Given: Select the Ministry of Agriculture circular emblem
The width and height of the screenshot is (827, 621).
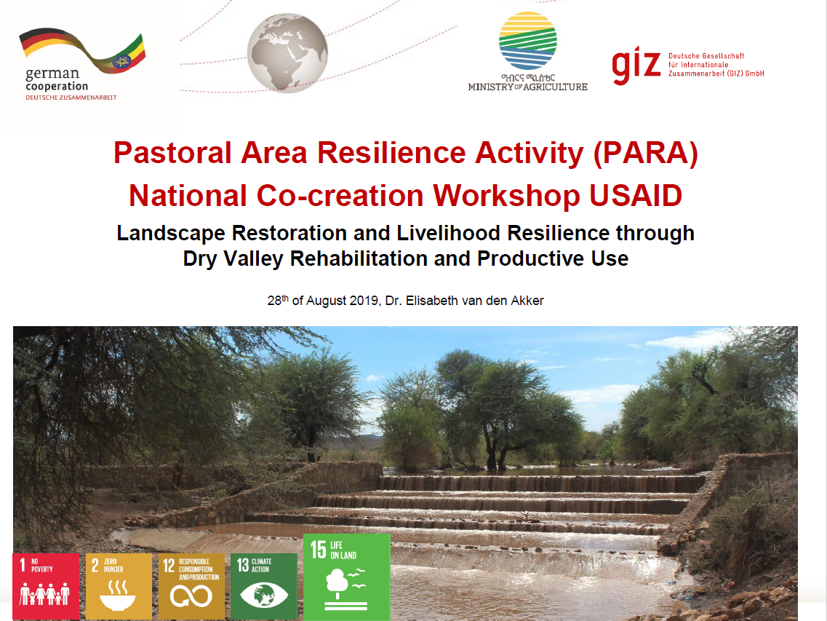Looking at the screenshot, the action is point(528,41).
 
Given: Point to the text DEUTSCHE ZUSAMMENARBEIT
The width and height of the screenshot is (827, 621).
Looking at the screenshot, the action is point(71,98).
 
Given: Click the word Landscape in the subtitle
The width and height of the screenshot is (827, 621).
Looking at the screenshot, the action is point(170,233).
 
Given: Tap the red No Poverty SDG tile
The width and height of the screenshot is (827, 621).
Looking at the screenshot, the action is point(46,585).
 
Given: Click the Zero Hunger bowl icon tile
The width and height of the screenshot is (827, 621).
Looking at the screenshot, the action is point(119,597).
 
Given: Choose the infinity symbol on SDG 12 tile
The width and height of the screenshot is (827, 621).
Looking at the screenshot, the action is point(191,597).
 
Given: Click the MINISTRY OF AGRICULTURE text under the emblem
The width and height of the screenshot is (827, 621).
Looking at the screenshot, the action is point(527,87).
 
